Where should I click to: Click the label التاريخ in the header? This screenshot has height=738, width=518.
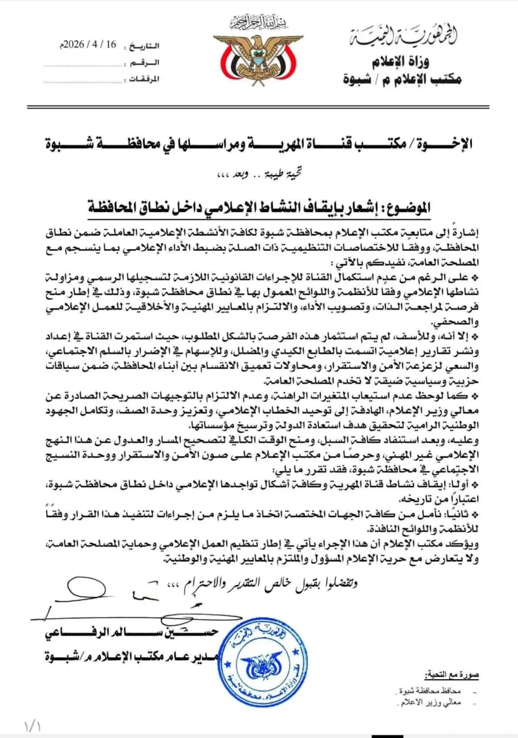click(x=144, y=46)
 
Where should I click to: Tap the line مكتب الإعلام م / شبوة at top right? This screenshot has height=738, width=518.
click(x=402, y=79)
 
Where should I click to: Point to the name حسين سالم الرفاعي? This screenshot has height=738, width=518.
click(x=132, y=633)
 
